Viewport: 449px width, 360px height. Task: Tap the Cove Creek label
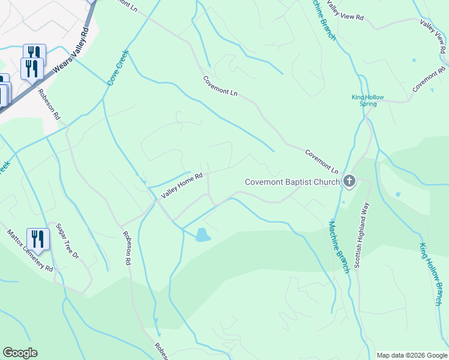tap(118, 67)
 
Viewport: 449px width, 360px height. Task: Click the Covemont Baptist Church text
tap(292, 182)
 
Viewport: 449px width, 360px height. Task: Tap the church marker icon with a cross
tap(349, 181)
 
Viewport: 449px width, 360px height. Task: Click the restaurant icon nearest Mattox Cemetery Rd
tap(37, 238)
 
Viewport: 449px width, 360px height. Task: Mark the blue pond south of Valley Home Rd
tap(203, 235)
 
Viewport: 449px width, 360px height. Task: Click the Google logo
tap(20, 353)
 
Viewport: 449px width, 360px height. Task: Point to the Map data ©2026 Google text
tap(412, 355)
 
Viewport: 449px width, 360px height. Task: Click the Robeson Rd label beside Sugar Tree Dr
tap(127, 249)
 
